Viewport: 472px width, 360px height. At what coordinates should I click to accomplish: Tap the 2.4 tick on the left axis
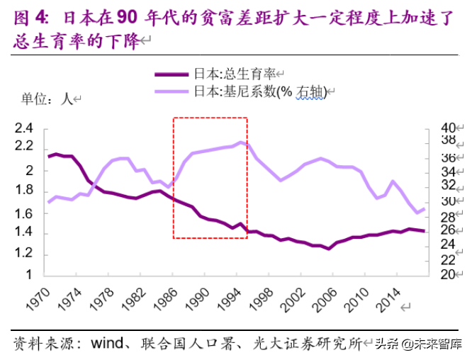point(24,129)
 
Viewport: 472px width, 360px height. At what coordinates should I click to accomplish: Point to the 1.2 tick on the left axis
point(24,254)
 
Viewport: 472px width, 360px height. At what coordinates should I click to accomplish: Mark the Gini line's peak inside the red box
point(242,142)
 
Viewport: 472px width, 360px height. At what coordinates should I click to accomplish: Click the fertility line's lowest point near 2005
point(328,249)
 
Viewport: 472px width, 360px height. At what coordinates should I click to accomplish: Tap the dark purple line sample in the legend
point(173,73)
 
